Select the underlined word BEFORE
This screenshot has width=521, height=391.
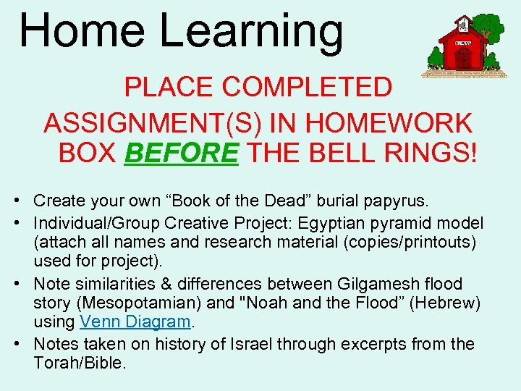click(x=182, y=153)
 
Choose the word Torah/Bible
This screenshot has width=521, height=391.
click(x=80, y=363)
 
